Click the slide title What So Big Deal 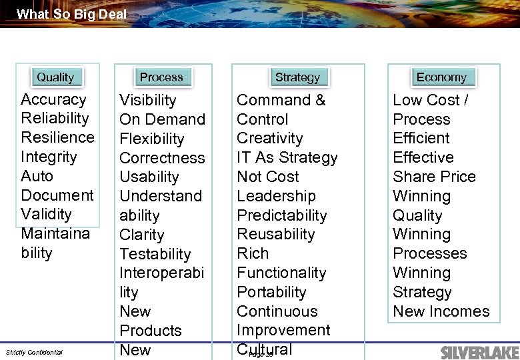tap(71, 14)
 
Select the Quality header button tap(55, 77)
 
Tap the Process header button tap(161, 77)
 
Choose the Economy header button tap(441, 77)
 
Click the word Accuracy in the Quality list tap(53, 100)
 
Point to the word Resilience tap(57, 138)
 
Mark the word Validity tap(46, 215)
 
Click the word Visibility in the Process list tap(147, 101)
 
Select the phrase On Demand tap(162, 120)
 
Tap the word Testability tap(155, 255)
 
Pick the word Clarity tap(141, 235)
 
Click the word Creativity tap(269, 139)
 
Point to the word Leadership tap(276, 197)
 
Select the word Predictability tap(281, 216)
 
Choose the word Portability tap(271, 293)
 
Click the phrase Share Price tap(434, 177)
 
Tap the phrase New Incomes tap(441, 311)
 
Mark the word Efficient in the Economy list tap(421, 139)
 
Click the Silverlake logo tap(476, 351)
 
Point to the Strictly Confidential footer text tap(34, 352)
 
